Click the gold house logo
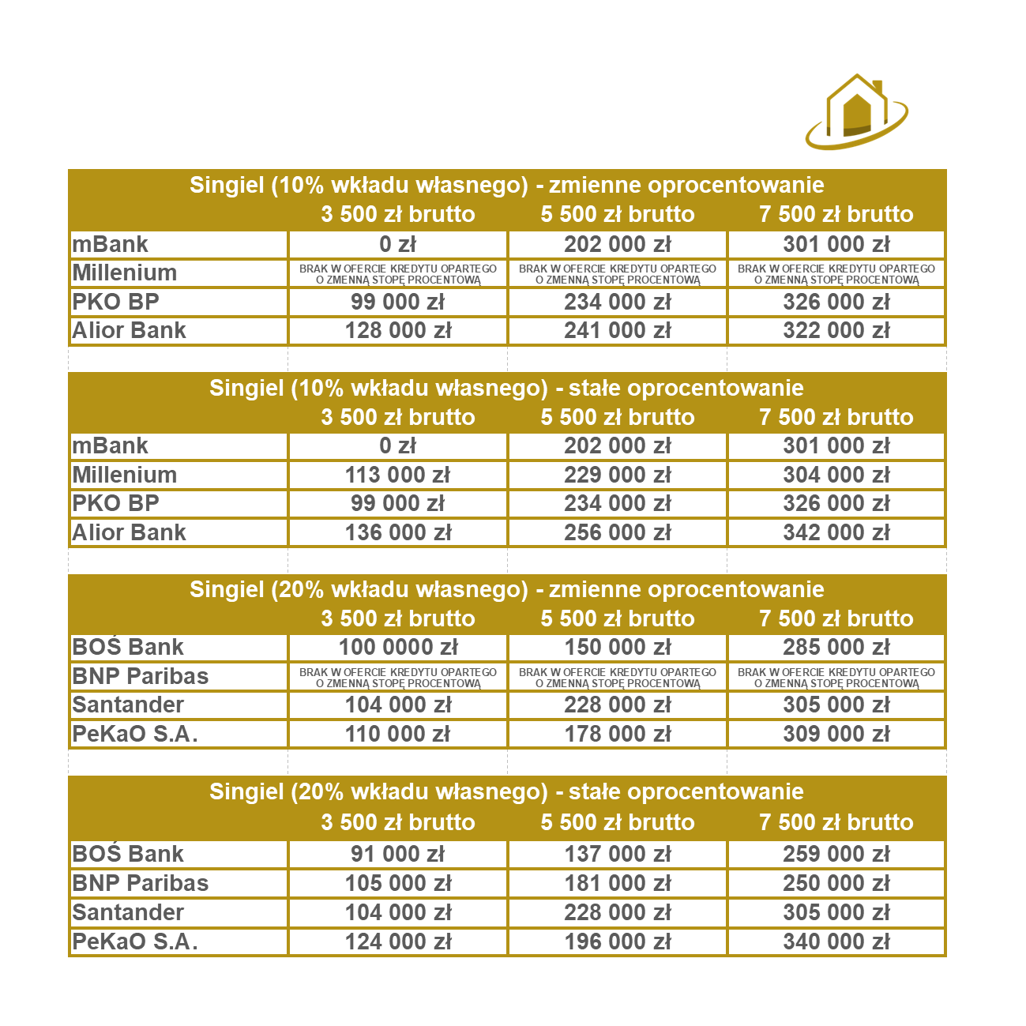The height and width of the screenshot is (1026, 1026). point(856,112)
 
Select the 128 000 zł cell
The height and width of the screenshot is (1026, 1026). point(398,331)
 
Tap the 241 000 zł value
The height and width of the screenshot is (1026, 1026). point(617,331)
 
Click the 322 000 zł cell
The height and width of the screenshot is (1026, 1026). point(836,331)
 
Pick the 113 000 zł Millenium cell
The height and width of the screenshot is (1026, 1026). point(398,475)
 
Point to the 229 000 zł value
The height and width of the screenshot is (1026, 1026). point(617,475)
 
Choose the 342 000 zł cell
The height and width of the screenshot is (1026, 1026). point(836,533)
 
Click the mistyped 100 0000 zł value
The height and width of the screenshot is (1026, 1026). point(398,648)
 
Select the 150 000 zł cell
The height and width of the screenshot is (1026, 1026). point(617,648)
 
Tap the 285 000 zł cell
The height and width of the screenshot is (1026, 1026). point(836,648)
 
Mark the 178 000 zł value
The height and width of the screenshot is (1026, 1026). point(617,735)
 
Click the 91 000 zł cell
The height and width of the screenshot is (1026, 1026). point(398,855)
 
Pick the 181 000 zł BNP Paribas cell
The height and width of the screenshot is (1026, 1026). point(617,884)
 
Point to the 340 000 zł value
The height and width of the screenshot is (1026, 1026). point(836,942)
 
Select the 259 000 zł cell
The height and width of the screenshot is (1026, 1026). point(836,855)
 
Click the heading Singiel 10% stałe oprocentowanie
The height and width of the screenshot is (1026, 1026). point(506,389)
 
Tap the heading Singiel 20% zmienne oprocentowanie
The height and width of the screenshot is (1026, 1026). point(506,590)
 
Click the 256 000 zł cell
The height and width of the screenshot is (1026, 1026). point(617,533)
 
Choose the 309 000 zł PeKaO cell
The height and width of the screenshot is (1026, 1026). point(836,735)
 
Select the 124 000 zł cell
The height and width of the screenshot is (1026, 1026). point(398,942)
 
